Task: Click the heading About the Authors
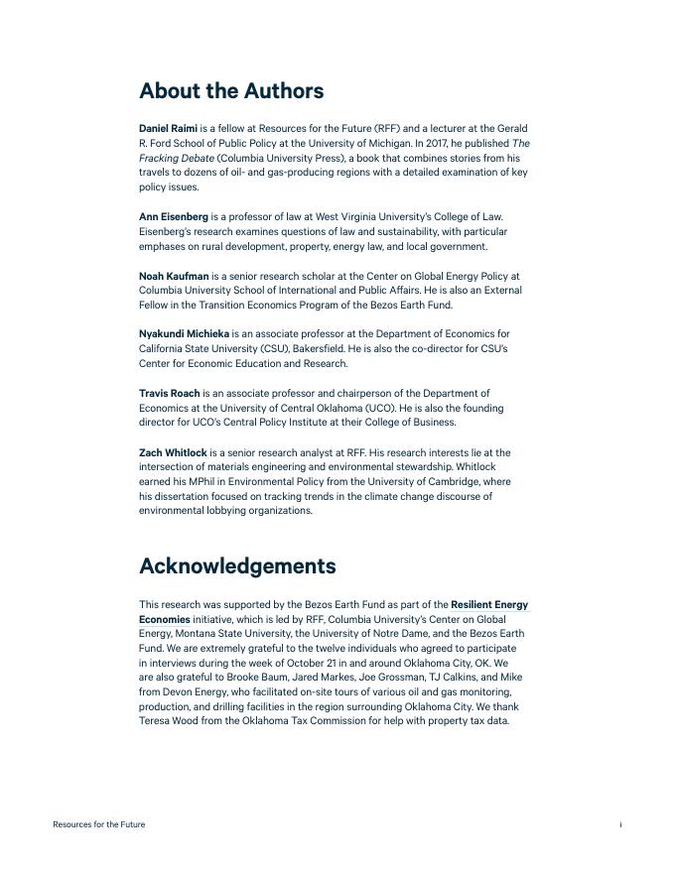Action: (231, 91)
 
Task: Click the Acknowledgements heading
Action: (237, 566)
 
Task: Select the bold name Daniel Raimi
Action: (168, 129)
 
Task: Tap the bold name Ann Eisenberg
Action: (174, 216)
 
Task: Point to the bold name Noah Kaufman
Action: (174, 276)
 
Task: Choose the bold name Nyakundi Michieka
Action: (184, 334)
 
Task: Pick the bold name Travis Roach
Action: (169, 394)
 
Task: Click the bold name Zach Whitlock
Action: (173, 452)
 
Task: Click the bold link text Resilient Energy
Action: (489, 604)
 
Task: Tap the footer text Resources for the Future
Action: (98, 824)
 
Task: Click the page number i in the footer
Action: (620, 824)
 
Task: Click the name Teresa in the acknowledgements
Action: (155, 721)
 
